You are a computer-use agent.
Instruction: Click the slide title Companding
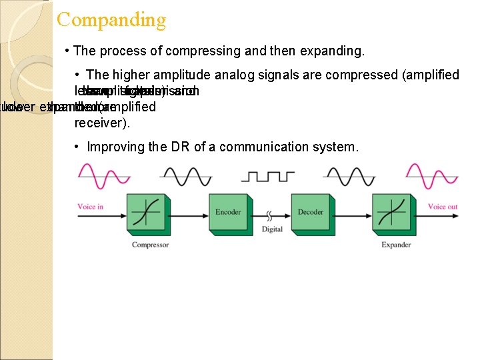[111, 19]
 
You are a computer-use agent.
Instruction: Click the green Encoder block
[228, 213]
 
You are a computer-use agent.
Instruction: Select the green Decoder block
[310, 213]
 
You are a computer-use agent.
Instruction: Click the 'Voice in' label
[91, 207]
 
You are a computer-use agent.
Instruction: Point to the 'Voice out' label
[442, 207]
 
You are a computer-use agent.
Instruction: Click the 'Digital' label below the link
[272, 229]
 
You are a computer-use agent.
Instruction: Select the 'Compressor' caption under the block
[150, 245]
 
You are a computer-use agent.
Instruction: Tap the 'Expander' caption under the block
[396, 245]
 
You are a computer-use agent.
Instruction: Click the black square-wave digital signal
[268, 176]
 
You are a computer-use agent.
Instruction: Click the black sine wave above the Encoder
[186, 176]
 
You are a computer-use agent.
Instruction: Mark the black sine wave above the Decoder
[349, 176]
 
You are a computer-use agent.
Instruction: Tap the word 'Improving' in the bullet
[116, 147]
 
